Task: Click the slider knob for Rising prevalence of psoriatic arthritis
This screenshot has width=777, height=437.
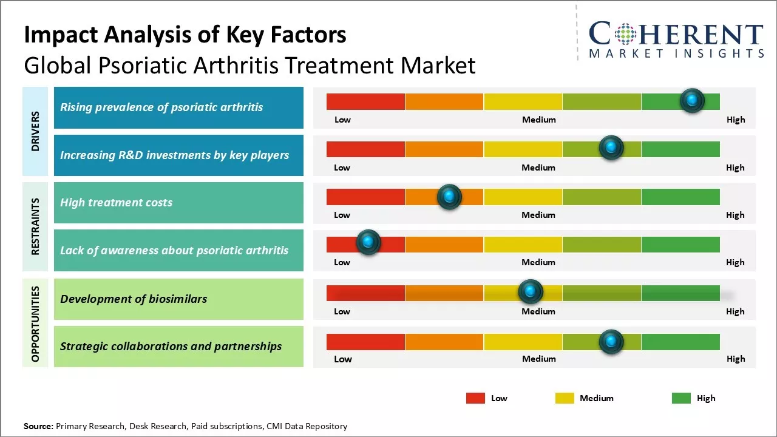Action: [x=691, y=101]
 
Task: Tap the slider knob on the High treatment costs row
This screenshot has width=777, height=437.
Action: [x=449, y=197]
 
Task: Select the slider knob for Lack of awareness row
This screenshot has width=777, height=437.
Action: [x=368, y=243]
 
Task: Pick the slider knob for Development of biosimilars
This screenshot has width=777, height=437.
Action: [x=531, y=292]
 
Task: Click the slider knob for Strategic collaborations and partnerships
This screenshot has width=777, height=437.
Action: [x=611, y=342]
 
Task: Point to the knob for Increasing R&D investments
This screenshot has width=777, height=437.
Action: [x=611, y=147]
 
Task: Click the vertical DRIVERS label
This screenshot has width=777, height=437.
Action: [x=36, y=131]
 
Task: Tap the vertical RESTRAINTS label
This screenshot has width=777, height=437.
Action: [x=36, y=226]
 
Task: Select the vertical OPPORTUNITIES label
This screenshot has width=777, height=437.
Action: [x=36, y=324]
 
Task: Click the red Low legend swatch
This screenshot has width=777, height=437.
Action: [x=475, y=398]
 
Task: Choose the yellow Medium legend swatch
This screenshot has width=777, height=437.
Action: [x=564, y=398]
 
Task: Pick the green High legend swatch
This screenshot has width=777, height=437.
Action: [x=681, y=398]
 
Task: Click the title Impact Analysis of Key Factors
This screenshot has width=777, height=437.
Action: [x=185, y=35]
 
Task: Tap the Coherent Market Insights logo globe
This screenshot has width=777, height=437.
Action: [x=625, y=34]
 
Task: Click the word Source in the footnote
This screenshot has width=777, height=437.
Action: [x=38, y=426]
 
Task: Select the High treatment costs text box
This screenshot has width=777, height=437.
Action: [x=178, y=203]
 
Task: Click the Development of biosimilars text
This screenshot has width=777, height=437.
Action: [x=134, y=299]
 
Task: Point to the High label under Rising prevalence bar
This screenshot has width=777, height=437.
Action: [x=735, y=120]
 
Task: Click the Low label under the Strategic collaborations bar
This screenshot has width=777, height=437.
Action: [x=342, y=359]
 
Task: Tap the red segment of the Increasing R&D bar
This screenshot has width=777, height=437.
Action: [x=365, y=149]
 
